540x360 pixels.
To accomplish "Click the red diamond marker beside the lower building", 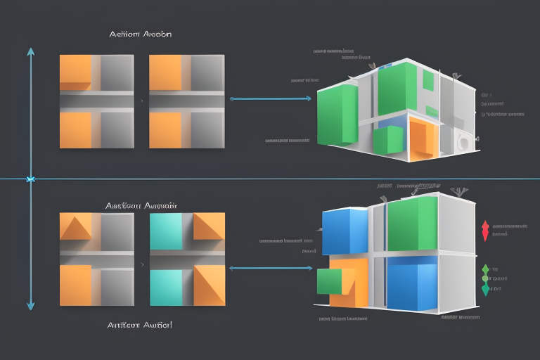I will pyautogui.click(x=484, y=230).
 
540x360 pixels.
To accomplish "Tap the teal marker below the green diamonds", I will pyautogui.click(x=484, y=289).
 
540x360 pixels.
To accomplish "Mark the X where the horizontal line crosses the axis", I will pyautogui.click(x=30, y=179).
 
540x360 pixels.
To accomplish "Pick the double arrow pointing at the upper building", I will pyautogui.click(x=271, y=98).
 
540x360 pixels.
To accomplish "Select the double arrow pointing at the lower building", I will pyautogui.click(x=271, y=268).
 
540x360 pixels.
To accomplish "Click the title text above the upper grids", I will pyautogui.click(x=141, y=34).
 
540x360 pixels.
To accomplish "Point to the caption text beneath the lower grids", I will pyautogui.click(x=141, y=325).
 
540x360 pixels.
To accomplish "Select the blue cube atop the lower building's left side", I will pyautogui.click(x=345, y=231).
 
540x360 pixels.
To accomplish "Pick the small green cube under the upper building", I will pyautogui.click(x=387, y=140).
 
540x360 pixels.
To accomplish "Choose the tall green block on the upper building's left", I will pyautogui.click(x=338, y=116).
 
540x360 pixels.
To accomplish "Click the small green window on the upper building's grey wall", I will pyautogui.click(x=428, y=82).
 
